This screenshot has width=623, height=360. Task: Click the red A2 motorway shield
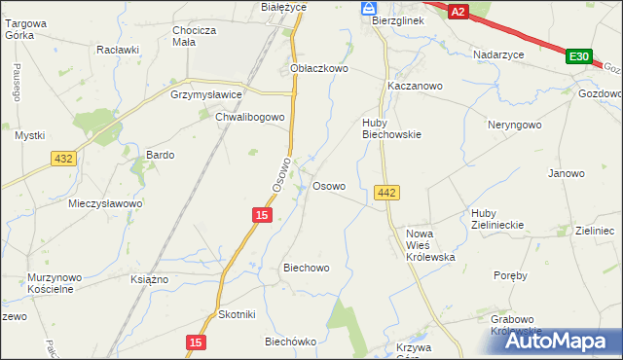459,11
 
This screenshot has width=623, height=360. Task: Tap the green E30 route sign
578,57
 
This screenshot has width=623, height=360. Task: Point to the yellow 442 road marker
385,194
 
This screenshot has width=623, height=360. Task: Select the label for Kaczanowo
415,86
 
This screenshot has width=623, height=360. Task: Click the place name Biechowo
306,267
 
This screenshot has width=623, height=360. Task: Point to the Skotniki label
237,314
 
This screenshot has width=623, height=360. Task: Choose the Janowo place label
567,173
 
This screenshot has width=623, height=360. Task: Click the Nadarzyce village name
499,54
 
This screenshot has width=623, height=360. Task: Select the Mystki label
29,135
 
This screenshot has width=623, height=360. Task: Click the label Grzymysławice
205,95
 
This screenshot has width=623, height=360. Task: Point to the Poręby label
510,275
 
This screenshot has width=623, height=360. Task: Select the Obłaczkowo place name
319,69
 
